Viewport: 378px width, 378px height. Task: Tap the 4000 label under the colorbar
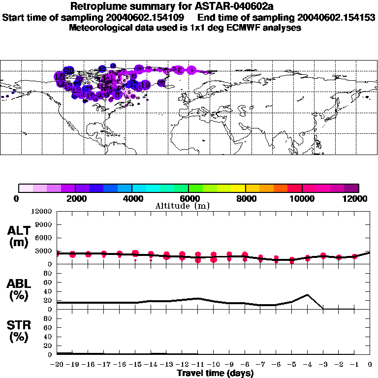pyautogui.click(x=131, y=198)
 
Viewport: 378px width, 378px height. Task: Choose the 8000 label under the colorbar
pyautogui.click(x=245, y=198)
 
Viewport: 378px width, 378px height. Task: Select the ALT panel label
pyautogui.click(x=19, y=230)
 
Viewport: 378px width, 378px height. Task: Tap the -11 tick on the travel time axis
pyautogui.click(x=198, y=364)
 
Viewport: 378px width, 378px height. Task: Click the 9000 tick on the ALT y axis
pyautogui.click(x=43, y=225)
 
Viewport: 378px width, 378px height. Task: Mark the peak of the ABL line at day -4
pyautogui.click(x=308, y=295)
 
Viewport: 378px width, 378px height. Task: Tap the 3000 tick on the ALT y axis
pyautogui.click(x=43, y=251)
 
